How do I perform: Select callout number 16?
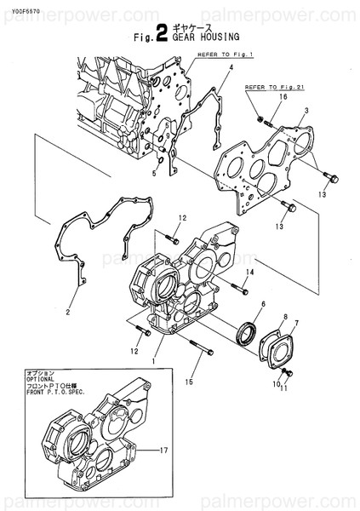(283, 99)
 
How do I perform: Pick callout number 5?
(153, 173)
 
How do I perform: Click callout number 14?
(249, 272)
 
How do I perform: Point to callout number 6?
(263, 304)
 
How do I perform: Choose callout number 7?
(296, 323)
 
